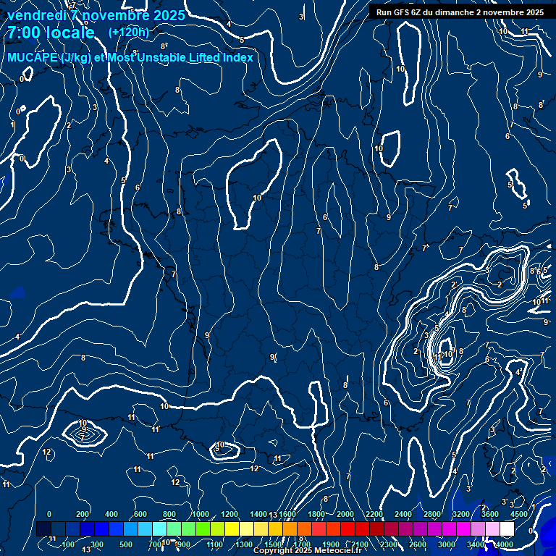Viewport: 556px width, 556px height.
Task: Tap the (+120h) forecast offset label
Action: coord(128,32)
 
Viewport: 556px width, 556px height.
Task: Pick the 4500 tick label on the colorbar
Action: coord(518,514)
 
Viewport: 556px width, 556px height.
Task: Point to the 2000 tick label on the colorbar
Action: coord(345,514)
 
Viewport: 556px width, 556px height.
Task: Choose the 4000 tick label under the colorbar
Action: coord(505,544)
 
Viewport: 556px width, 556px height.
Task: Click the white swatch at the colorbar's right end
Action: coord(507,529)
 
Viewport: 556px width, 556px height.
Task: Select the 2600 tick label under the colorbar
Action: coord(418,544)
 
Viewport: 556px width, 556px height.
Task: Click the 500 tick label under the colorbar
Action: coord(125,544)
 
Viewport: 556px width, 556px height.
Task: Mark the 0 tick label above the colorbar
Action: coord(49,514)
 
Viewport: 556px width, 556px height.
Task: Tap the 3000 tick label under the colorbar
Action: coord(447,544)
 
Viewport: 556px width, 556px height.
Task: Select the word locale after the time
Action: coord(68,33)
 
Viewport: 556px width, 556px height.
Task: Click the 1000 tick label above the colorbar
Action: coord(199,514)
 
